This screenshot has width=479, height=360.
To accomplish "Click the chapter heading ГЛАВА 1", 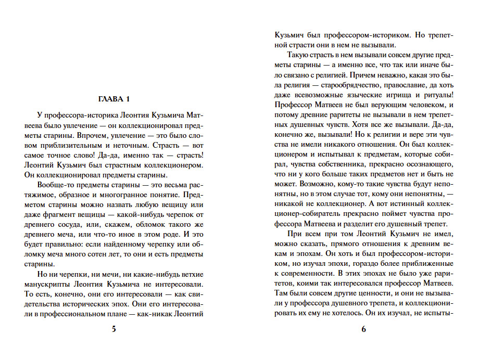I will click(113, 99).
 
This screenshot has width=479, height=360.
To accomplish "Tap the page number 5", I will click(114, 329).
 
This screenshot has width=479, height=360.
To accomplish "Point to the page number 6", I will click(364, 329).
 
